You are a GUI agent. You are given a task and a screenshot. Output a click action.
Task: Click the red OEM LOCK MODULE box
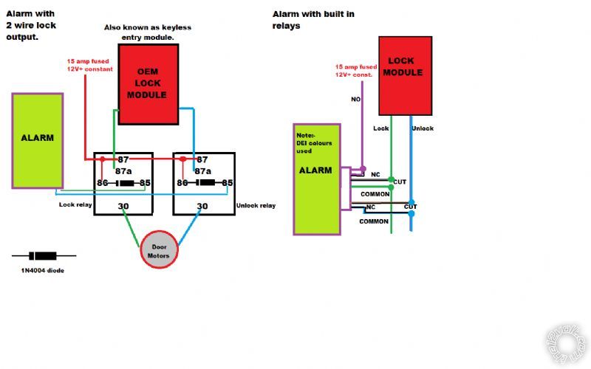[x=148, y=83]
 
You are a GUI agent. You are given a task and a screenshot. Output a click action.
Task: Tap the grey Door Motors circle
[x=160, y=252]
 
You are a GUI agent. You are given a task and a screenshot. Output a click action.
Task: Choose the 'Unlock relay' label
[x=256, y=205]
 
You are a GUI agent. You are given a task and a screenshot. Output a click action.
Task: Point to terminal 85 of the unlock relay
[x=228, y=182]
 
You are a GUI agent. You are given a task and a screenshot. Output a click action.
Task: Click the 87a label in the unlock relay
[x=202, y=170]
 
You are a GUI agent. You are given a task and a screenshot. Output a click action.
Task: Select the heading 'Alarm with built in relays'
[x=315, y=19]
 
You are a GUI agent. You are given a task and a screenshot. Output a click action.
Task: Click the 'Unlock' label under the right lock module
[x=423, y=128]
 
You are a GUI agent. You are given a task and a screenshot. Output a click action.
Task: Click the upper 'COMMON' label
[x=375, y=194]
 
